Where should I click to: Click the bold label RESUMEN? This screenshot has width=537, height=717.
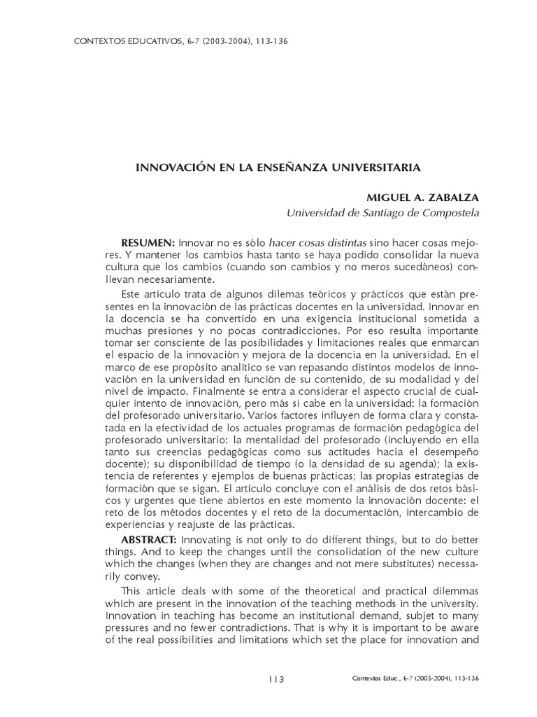click(148, 242)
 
